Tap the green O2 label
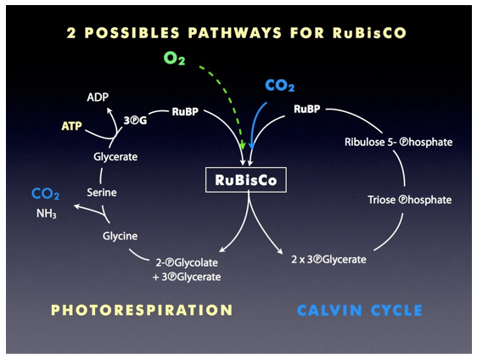[x=174, y=58]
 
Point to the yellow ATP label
[x=72, y=126]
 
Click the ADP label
[x=98, y=97]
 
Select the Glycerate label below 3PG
[x=115, y=157]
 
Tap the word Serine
[x=102, y=193]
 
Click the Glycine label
[x=120, y=236]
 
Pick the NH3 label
[x=46, y=214]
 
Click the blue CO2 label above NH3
[x=45, y=194]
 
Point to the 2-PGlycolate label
[x=187, y=262]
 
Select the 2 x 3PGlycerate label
[x=328, y=260]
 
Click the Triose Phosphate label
[x=409, y=200]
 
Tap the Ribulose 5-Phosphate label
[x=399, y=142]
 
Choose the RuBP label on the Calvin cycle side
[x=307, y=109]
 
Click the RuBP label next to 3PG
[x=185, y=112]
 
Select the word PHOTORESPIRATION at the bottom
[x=142, y=310]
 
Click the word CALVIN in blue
[x=329, y=311]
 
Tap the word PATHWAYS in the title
[x=235, y=33]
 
